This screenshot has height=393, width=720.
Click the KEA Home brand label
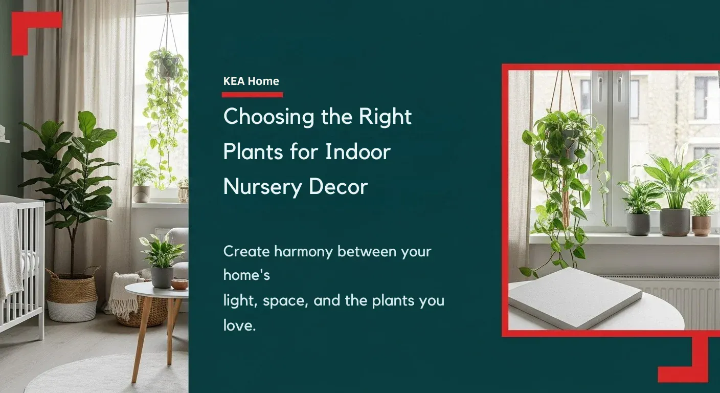pyautogui.click(x=251, y=81)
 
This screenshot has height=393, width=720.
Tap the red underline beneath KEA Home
pyautogui.click(x=252, y=95)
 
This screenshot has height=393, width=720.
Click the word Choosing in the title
pyautogui.click(x=268, y=117)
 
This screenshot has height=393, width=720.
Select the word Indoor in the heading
pyautogui.click(x=358, y=152)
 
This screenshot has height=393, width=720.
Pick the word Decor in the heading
pyautogui.click(x=339, y=187)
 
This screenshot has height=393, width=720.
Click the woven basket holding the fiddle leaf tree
pyautogui.click(x=72, y=295)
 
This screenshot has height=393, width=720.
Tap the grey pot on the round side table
pyautogui.click(x=162, y=277)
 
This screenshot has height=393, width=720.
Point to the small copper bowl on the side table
pyautogui.click(x=179, y=285)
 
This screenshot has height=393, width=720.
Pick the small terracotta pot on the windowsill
pyautogui.click(x=702, y=226)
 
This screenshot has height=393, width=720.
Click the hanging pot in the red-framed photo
pyautogui.click(x=568, y=145)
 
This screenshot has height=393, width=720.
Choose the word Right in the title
pyautogui.click(x=385, y=117)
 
